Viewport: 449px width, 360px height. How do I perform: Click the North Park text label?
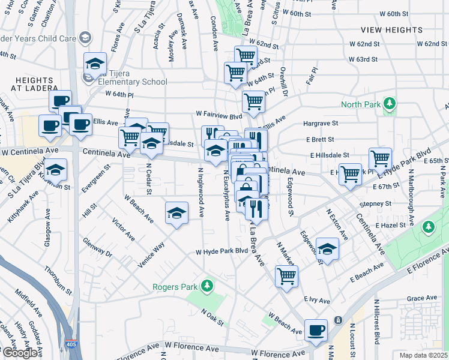tap(361, 104)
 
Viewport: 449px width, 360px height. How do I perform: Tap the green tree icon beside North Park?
tap(390, 104)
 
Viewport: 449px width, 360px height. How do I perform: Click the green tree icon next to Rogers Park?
tap(206, 284)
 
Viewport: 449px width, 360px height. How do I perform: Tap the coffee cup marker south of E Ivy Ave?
tap(316, 329)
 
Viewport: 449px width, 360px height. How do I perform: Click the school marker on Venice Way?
tap(176, 213)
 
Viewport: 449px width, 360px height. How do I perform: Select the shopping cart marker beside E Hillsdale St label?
tap(380, 158)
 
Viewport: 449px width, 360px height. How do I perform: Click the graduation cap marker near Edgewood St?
tap(327, 248)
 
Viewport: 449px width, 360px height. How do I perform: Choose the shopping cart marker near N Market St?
tap(286, 276)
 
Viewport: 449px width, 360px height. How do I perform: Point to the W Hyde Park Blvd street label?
tap(221, 251)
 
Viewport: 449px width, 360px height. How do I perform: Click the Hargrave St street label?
tap(321, 123)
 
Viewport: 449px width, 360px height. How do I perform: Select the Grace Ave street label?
tap(419, 298)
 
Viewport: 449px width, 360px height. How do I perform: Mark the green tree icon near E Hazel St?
tap(429, 227)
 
